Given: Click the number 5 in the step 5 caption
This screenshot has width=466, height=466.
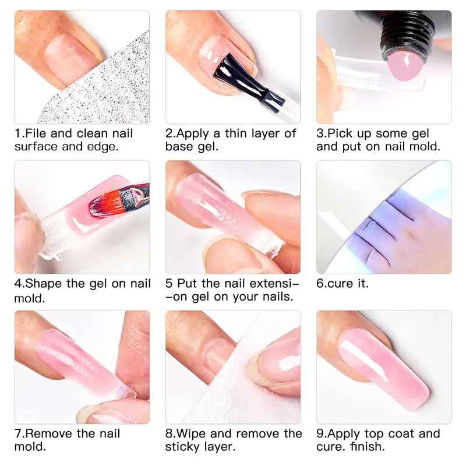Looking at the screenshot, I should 169,284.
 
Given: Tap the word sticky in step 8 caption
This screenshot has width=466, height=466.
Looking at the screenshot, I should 182,447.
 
